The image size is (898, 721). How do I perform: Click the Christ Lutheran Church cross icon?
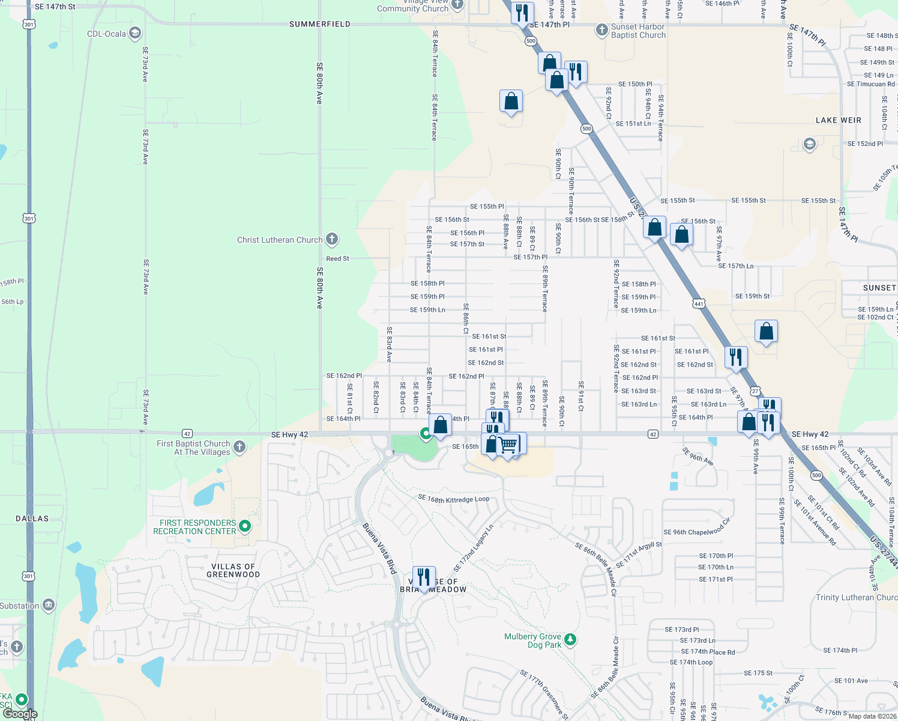coord(332,239)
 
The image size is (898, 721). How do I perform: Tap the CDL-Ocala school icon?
coord(135,33)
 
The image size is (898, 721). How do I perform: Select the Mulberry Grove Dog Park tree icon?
coord(570,640)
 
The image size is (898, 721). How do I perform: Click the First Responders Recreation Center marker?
coord(245,526)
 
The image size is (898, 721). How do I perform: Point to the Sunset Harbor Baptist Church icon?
coord(601,30)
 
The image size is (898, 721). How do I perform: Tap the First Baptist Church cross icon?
coord(240,446)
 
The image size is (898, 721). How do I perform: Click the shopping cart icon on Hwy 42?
coord(508,445)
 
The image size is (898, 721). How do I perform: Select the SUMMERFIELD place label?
coord(319,24)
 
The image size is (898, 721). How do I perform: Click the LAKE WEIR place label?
coord(838,120)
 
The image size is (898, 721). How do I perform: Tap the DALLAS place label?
coord(32,519)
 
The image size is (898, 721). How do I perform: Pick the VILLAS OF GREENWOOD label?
coord(234,571)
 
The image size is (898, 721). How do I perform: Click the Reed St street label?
coord(337,259)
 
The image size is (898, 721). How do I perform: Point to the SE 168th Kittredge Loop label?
coord(454,499)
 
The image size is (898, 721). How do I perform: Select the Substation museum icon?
coord(49,605)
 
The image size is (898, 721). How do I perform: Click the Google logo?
coord(20,714)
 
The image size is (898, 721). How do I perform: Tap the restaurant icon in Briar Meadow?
coord(424,577)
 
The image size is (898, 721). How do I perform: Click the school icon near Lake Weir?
coord(809,144)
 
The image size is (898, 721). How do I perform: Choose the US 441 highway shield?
coord(698,303)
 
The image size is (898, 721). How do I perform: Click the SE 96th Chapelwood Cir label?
coord(697,528)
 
